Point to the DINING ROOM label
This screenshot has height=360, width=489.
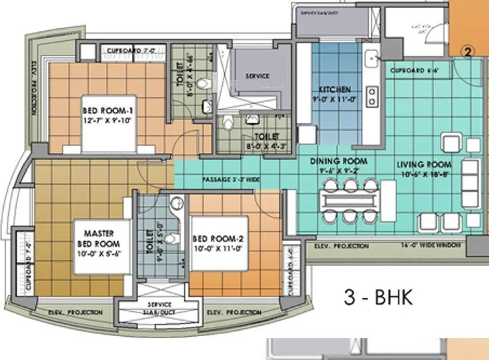click(338, 165)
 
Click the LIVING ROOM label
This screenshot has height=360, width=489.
click(424, 169)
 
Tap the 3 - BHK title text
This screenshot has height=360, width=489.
click(379, 297)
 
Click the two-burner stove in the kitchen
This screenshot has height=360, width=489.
click(372, 96)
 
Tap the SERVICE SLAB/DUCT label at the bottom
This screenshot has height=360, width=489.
click(159, 308)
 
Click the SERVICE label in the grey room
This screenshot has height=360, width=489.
click(257, 76)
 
